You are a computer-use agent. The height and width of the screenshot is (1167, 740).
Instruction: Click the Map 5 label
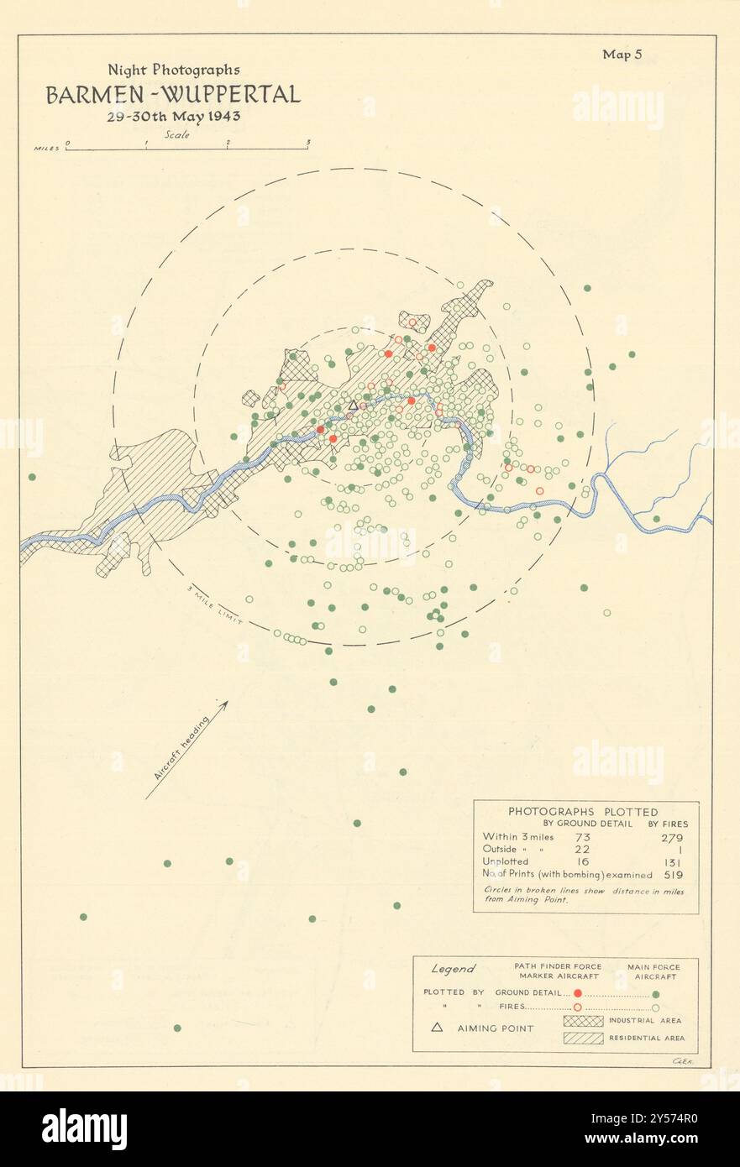622,55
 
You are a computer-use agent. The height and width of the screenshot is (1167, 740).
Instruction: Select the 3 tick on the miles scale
308,143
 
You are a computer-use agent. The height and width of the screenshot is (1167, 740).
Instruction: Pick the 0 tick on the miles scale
67,143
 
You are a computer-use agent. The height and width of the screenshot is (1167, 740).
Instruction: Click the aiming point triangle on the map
353,405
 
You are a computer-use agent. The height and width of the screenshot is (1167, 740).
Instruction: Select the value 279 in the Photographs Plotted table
672,837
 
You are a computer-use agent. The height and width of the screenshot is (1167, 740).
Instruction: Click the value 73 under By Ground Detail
582,837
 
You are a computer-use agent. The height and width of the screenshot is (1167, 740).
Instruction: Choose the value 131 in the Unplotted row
672,861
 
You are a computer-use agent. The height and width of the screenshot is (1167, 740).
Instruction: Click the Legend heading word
454,969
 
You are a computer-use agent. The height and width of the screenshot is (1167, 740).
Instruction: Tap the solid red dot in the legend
578,992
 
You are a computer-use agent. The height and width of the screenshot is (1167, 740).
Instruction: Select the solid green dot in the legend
655,992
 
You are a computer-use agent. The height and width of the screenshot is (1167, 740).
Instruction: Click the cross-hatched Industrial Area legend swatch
585,1021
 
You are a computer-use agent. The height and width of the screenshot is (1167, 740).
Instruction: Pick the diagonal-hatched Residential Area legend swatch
585,1038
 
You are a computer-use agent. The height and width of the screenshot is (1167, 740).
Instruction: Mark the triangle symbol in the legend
437,1027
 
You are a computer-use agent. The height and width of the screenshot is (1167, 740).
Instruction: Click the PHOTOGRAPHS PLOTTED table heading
583,812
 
